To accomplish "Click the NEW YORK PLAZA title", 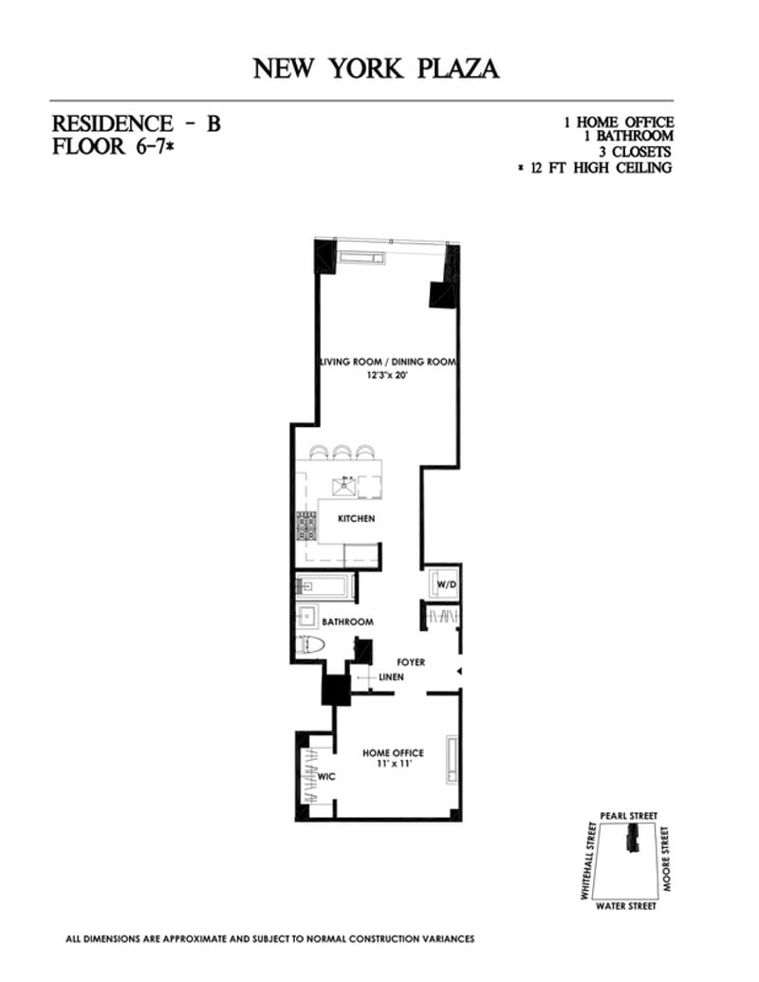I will (x=376, y=68).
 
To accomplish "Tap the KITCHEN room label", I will (x=356, y=519).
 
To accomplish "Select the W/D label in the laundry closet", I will (x=447, y=584).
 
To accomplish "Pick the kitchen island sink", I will (x=342, y=487).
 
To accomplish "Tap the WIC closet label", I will (x=325, y=776).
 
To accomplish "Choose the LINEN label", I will (x=391, y=677).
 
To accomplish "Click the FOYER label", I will (x=411, y=662).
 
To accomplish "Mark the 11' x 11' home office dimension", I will (x=393, y=764).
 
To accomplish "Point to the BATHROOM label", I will (x=347, y=622).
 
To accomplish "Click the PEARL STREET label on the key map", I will (x=628, y=816).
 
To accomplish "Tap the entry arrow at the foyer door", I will (x=459, y=672).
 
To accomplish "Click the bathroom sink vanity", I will (x=307, y=616).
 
